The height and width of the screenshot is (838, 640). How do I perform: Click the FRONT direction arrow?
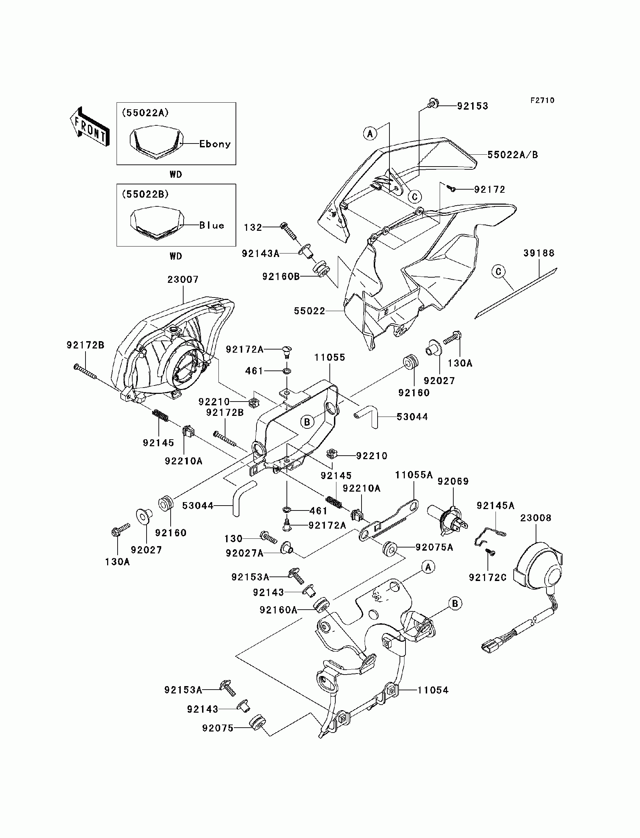pyautogui.click(x=90, y=126)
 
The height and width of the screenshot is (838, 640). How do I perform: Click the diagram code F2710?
pyautogui.click(x=543, y=100)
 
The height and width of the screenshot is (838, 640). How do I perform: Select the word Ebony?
pyautogui.click(x=215, y=144)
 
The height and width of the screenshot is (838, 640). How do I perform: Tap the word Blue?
pyautogui.click(x=211, y=225)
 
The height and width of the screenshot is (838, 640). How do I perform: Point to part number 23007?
pyautogui.click(x=183, y=279)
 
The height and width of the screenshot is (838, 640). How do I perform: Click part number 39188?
pyautogui.click(x=539, y=253)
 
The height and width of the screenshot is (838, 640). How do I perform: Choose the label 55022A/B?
pyautogui.click(x=513, y=155)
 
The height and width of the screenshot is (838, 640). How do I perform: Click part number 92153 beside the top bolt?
pyautogui.click(x=472, y=106)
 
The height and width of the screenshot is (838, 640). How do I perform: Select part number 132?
pyautogui.click(x=253, y=228)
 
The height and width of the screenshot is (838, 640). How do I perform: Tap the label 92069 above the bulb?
pyautogui.click(x=453, y=481)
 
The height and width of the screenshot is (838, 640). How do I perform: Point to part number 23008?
pyautogui.click(x=536, y=518)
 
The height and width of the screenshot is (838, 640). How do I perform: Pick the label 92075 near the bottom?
pyautogui.click(x=217, y=728)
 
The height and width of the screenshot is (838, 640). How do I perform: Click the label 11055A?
pyautogui.click(x=414, y=475)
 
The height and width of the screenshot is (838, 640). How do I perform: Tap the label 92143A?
pyautogui.click(x=261, y=253)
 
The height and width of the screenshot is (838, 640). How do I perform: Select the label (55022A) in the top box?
pyautogui.click(x=145, y=113)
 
